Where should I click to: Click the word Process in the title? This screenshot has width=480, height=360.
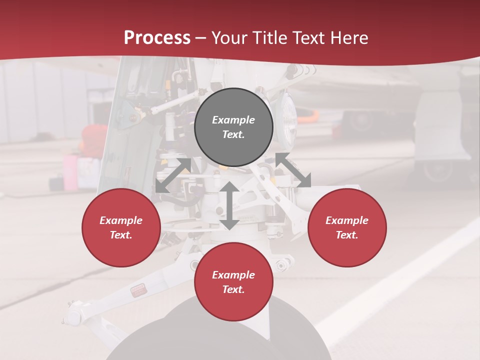pyautogui.click(x=157, y=38)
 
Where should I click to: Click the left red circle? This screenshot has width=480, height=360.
pyautogui.click(x=121, y=227)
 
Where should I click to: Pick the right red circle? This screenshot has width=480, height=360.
pyautogui.click(x=347, y=227)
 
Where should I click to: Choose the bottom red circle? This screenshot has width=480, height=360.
pyautogui.click(x=233, y=282)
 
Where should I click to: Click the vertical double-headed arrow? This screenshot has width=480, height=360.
pyautogui.click(x=229, y=205)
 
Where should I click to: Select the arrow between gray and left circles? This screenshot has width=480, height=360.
pyautogui.click(x=173, y=175)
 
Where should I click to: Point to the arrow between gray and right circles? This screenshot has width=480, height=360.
pyautogui.click(x=293, y=170)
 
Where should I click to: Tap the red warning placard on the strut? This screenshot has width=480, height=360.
pyautogui.click(x=137, y=291)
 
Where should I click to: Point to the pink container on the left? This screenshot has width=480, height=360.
pyautogui.click(x=71, y=172)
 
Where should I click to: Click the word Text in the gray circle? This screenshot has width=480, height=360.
pyautogui.click(x=233, y=134)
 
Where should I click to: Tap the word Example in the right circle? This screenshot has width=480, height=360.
pyautogui.click(x=347, y=220)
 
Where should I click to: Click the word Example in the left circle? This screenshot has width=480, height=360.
pyautogui.click(x=121, y=220)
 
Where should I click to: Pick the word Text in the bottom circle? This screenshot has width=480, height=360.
pyautogui.click(x=233, y=289)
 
